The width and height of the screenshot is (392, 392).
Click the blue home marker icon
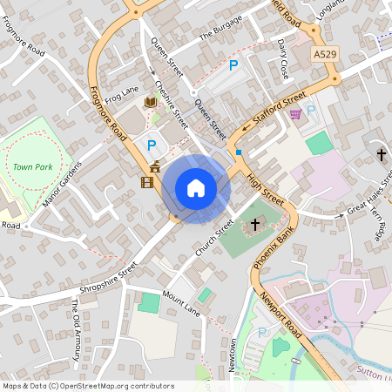196,187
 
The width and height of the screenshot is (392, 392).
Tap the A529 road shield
324,54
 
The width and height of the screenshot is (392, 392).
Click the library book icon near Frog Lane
150,103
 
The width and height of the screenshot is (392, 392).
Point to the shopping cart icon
295,112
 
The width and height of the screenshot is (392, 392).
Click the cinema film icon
146,182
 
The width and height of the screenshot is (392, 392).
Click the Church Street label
213,237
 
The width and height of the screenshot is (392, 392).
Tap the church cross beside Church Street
255,226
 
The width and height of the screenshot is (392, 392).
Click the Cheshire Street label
172,102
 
